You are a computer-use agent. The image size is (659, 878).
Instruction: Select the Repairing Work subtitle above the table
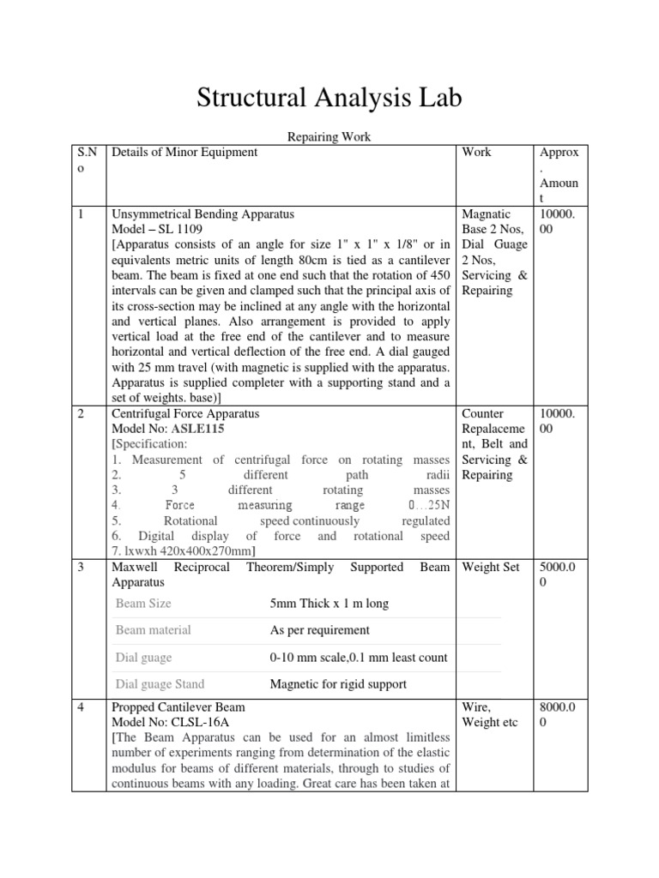pyautogui.click(x=329, y=135)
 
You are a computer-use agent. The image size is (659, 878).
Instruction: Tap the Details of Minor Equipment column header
pyautogui.click(x=184, y=153)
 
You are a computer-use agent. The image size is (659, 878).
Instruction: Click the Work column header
pyautogui.click(x=476, y=153)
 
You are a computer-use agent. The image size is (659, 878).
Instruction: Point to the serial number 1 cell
pyautogui.click(x=81, y=214)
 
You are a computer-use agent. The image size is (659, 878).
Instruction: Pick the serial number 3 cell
pyautogui.click(x=81, y=568)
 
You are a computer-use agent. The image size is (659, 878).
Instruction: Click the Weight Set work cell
pyautogui.click(x=491, y=568)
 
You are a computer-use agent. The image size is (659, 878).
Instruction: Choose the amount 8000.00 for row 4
pyautogui.click(x=562, y=715)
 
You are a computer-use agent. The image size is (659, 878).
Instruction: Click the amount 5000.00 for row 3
pyautogui.click(x=562, y=575)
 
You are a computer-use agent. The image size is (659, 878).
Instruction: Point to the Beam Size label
pyautogui.click(x=143, y=604)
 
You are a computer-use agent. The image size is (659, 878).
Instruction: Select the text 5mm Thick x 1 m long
pyautogui.click(x=329, y=604)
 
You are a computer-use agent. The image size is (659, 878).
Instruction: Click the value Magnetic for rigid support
pyautogui.click(x=338, y=684)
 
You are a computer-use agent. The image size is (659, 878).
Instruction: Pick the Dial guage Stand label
pyautogui.click(x=160, y=684)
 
